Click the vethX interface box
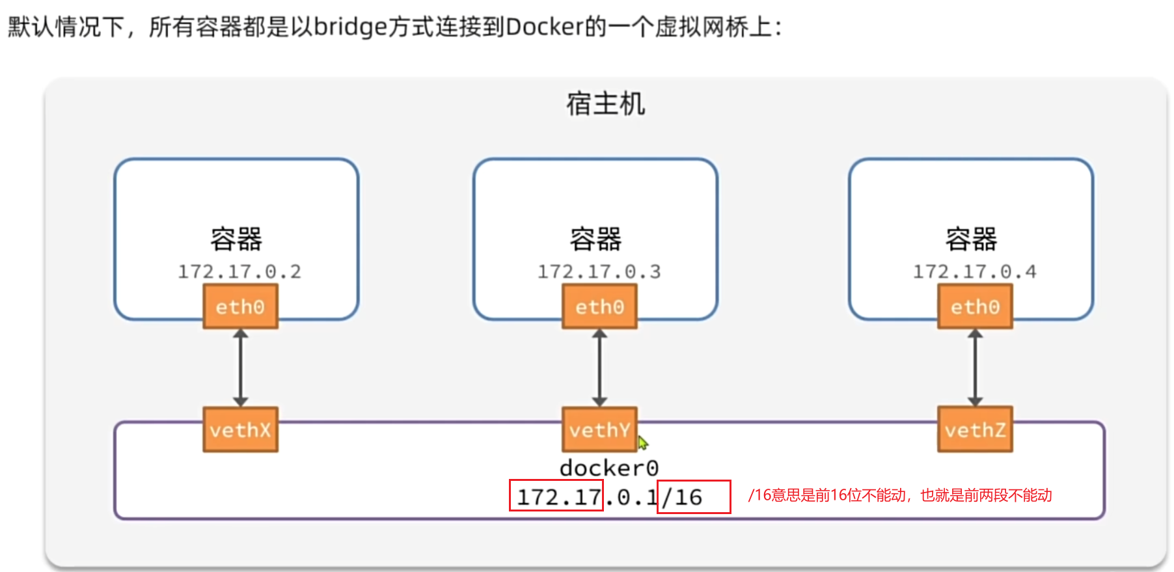(240, 429)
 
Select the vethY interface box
(599, 429)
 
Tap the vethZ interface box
(975, 429)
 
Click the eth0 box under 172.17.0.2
(240, 306)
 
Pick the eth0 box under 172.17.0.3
(599, 306)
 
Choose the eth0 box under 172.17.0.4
(975, 306)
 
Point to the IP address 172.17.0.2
(239, 271)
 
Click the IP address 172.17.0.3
(599, 271)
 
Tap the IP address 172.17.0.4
(974, 271)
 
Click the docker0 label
(609, 468)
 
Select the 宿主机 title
(605, 104)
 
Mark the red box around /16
(694, 497)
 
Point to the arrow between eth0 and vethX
(240, 368)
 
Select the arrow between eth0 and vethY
(599, 368)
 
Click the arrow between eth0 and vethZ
(975, 368)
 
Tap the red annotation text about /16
(900, 495)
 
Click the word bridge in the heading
(351, 27)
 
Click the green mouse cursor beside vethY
(643, 443)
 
